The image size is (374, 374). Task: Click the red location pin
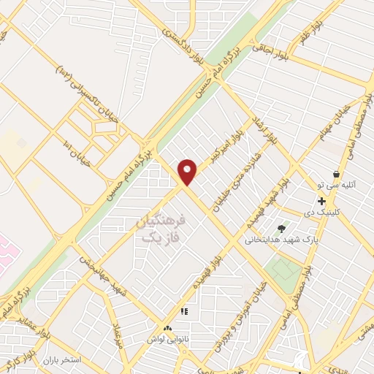188,171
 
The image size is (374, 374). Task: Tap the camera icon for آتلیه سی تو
336,175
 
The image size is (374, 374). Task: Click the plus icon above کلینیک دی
321,201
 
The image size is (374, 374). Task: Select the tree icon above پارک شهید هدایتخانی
282,229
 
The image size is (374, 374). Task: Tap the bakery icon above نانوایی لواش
169,330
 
